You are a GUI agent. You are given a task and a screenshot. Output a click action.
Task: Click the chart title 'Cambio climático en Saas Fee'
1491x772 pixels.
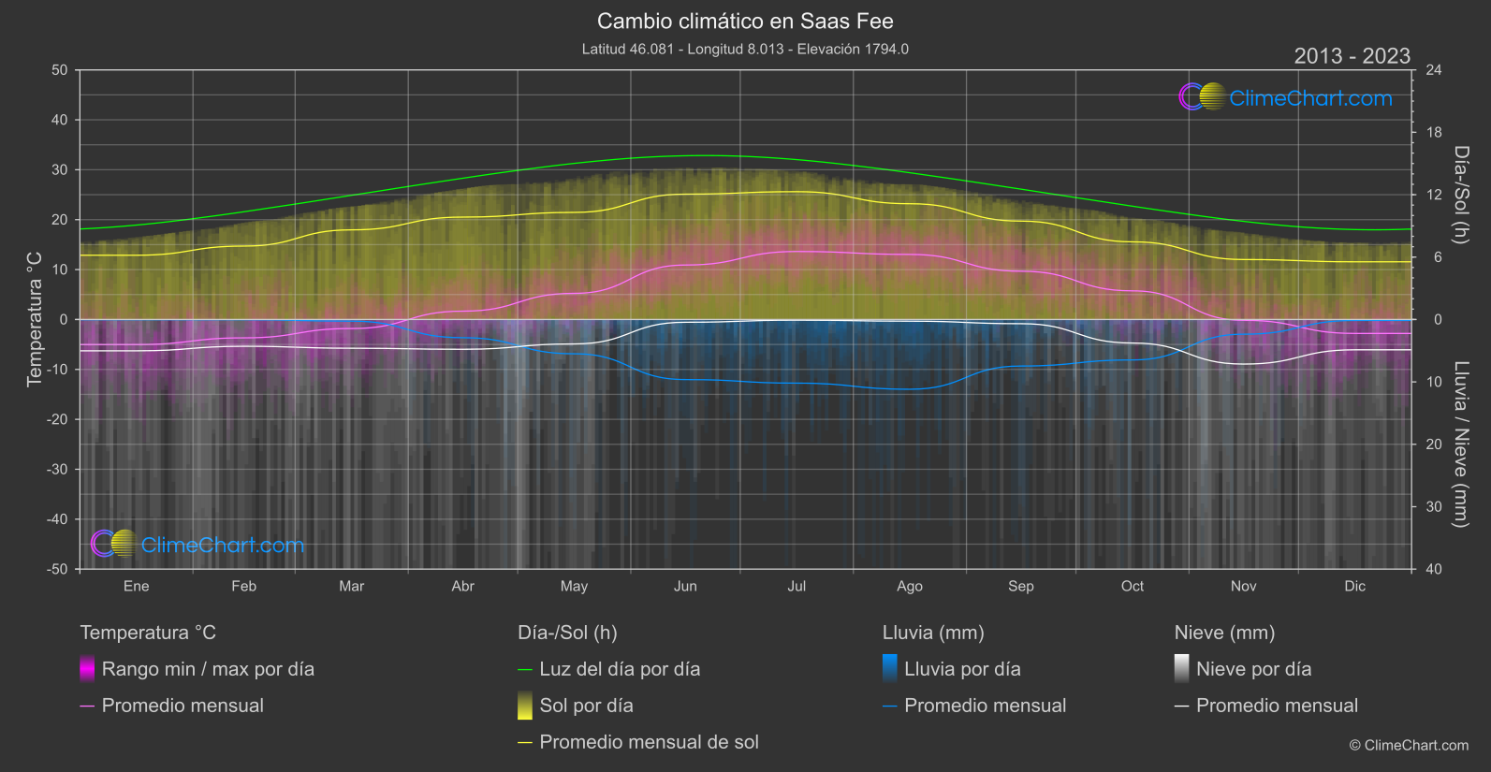click(745, 21)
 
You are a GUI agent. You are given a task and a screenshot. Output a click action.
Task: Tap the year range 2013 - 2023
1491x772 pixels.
click(1352, 56)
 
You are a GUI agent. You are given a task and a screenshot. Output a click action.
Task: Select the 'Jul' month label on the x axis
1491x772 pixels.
click(797, 586)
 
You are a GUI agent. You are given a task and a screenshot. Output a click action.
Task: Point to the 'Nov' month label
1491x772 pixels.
click(1243, 586)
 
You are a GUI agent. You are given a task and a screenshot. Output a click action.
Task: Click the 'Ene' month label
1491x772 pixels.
click(137, 586)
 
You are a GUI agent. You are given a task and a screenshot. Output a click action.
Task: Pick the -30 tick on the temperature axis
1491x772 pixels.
click(57, 469)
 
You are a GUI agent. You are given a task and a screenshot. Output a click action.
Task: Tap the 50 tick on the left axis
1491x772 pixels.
click(60, 70)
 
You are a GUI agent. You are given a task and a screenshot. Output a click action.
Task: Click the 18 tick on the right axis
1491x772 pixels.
click(1434, 133)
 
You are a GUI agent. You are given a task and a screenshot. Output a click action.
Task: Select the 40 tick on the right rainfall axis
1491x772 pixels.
click(1434, 569)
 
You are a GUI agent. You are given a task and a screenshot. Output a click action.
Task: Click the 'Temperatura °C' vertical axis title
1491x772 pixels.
click(35, 319)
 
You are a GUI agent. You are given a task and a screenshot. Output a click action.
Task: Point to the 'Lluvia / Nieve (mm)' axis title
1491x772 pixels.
click(1461, 444)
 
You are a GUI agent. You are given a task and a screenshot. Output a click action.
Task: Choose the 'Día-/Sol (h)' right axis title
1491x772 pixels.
click(1461, 195)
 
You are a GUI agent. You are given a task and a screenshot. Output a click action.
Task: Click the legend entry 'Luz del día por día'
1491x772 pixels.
click(620, 669)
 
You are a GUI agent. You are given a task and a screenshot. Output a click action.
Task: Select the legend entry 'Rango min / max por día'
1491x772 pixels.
click(208, 669)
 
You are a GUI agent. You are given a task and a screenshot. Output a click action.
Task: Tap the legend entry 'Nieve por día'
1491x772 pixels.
click(1253, 669)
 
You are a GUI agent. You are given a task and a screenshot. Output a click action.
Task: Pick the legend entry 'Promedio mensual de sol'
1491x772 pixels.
click(649, 742)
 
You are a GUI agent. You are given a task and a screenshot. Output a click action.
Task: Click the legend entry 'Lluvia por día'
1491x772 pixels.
click(962, 669)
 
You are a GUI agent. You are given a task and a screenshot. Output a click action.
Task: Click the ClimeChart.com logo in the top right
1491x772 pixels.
click(1286, 97)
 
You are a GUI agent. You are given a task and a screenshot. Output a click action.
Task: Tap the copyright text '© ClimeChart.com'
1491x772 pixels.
click(1409, 745)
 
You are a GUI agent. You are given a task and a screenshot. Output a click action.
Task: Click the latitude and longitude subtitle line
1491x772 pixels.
click(745, 49)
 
